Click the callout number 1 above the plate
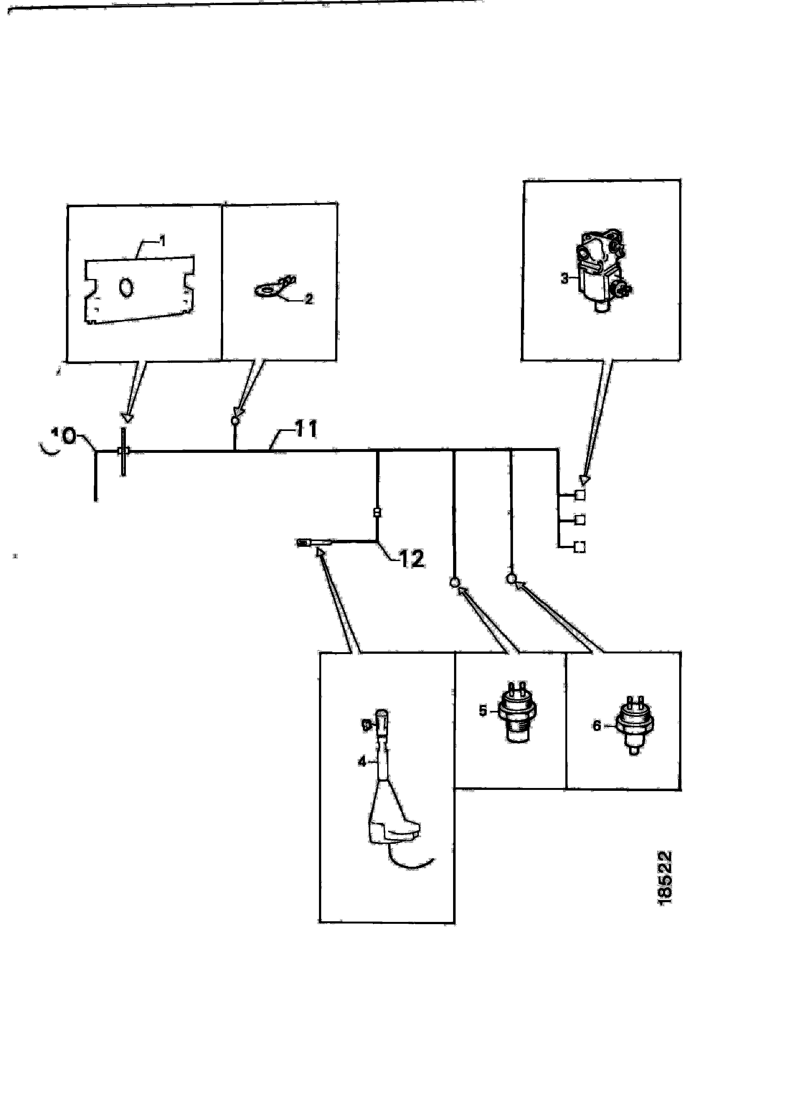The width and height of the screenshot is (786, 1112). [x=163, y=241]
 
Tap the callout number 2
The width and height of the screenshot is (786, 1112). [x=308, y=299]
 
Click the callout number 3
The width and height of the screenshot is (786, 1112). [x=564, y=279]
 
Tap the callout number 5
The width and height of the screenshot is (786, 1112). [x=483, y=711]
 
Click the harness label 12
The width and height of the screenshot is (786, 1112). [x=412, y=559]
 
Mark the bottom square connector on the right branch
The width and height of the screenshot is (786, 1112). [x=579, y=547]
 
